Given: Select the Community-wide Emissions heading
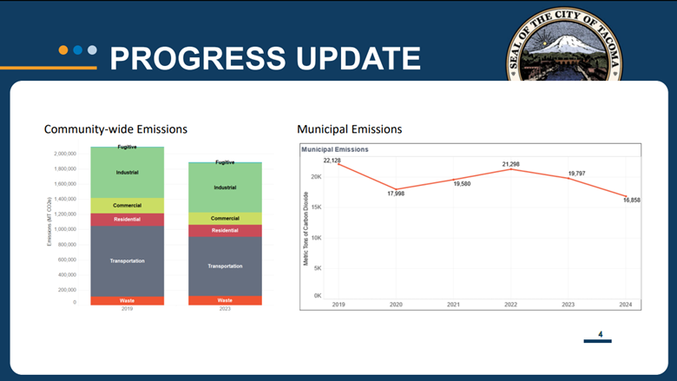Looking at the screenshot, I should [115, 129].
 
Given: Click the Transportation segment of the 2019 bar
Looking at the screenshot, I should [127, 260].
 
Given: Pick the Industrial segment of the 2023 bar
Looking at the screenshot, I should [225, 187].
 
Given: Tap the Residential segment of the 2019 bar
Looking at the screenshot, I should [127, 220].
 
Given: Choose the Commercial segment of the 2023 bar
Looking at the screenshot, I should [225, 219].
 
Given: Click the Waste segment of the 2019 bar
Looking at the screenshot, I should [127, 300].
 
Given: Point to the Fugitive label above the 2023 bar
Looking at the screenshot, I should [225, 162].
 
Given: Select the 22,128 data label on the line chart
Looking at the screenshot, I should [332, 161].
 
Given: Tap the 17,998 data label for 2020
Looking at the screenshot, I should [396, 194].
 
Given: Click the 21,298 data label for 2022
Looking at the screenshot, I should [510, 164].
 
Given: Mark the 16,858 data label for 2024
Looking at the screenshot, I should [631, 200].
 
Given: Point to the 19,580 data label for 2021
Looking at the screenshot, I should [462, 184].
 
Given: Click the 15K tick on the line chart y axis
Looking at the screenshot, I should [316, 207].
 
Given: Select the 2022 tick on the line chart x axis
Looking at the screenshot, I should [510, 305].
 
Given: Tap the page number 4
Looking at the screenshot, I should [600, 333].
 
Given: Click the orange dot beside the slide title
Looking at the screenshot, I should [63, 49].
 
